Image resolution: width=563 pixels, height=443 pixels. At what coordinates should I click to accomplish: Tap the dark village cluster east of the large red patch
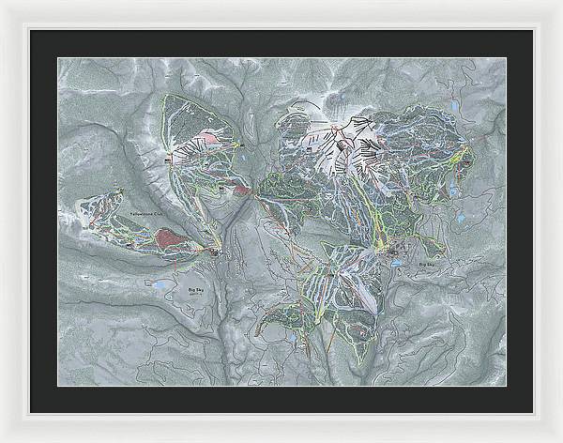click(x=217, y=252)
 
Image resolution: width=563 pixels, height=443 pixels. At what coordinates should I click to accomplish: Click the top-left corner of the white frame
click(x=3, y=3)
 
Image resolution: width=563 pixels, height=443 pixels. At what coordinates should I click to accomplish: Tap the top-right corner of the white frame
click(x=560, y=3)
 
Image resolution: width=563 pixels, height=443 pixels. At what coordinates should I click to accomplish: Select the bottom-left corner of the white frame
click(x=3, y=439)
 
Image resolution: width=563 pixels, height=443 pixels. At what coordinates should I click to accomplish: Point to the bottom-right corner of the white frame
click(x=560, y=439)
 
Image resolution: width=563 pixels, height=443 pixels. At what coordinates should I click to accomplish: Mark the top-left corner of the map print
click(x=58, y=58)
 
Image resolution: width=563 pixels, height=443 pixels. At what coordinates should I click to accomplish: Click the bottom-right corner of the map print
click(x=506, y=386)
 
